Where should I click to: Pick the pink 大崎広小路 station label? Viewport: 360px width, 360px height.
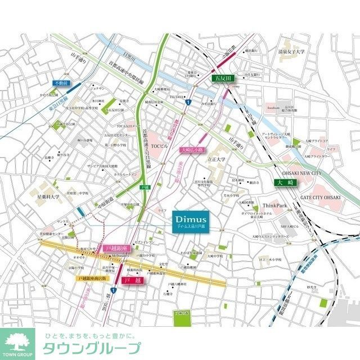(192, 149)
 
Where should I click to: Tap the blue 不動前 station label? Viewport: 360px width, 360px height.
(60, 83)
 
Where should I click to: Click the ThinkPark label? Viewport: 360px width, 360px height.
(275, 205)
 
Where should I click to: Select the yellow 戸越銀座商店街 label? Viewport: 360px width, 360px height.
(91, 277)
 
